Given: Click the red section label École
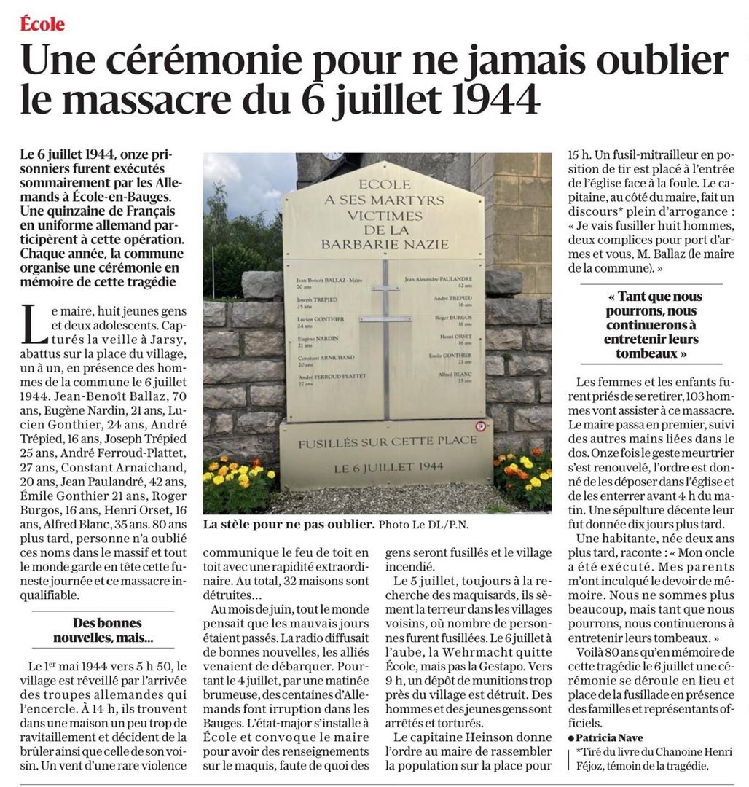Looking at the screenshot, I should click(42, 24).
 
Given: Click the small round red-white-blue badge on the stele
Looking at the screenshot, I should click(480, 426).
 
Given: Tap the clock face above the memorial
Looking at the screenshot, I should click(332, 155).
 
